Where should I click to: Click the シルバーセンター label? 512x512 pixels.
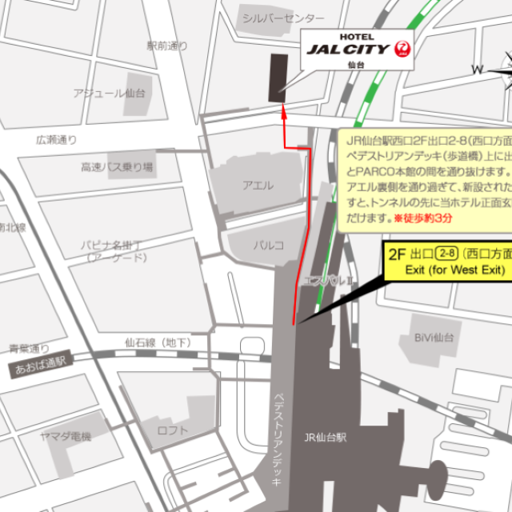283,18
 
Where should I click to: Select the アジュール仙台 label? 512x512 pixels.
109,94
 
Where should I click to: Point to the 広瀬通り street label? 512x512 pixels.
57,140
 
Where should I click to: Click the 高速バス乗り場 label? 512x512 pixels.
117,167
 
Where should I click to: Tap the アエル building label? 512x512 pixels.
258,186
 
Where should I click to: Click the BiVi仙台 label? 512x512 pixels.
434,338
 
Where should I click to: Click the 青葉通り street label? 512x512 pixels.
29,348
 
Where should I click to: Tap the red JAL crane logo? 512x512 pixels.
403,50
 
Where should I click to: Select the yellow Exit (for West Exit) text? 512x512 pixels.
456,270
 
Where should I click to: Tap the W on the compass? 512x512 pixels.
477,70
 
